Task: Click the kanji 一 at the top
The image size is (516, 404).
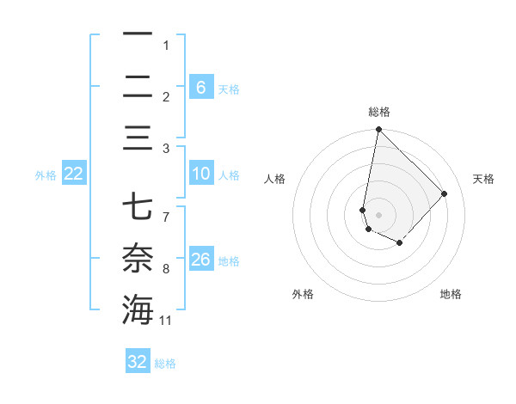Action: point(138,34)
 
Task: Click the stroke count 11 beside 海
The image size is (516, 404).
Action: point(166,321)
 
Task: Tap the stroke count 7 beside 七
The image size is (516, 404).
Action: point(166,208)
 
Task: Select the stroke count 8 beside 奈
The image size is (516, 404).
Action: point(166,270)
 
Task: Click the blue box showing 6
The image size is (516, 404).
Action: point(200,87)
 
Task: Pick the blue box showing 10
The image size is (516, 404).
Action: point(200,174)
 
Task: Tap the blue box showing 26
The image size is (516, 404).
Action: point(200,259)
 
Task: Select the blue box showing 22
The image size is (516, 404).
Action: point(74,174)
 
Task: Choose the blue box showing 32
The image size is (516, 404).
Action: point(138,362)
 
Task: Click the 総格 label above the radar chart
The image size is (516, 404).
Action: point(378,112)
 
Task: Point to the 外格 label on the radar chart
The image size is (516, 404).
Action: point(303,294)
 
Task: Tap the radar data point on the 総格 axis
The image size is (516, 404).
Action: point(378,130)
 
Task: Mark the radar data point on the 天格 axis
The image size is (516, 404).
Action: point(444,193)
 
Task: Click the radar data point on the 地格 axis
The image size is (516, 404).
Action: point(399,243)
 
